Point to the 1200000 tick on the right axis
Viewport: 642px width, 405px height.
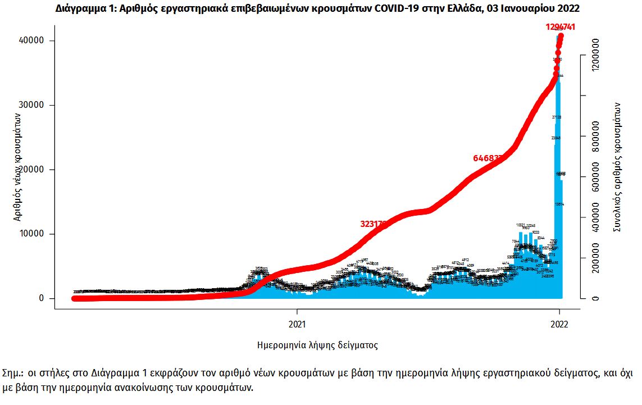coord(603,54)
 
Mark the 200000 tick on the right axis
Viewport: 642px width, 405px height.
coord(603,258)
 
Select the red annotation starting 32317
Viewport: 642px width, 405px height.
coord(374,224)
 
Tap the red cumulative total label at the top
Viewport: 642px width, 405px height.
coord(560,27)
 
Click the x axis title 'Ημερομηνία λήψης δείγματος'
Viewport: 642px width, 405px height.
coord(317,345)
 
